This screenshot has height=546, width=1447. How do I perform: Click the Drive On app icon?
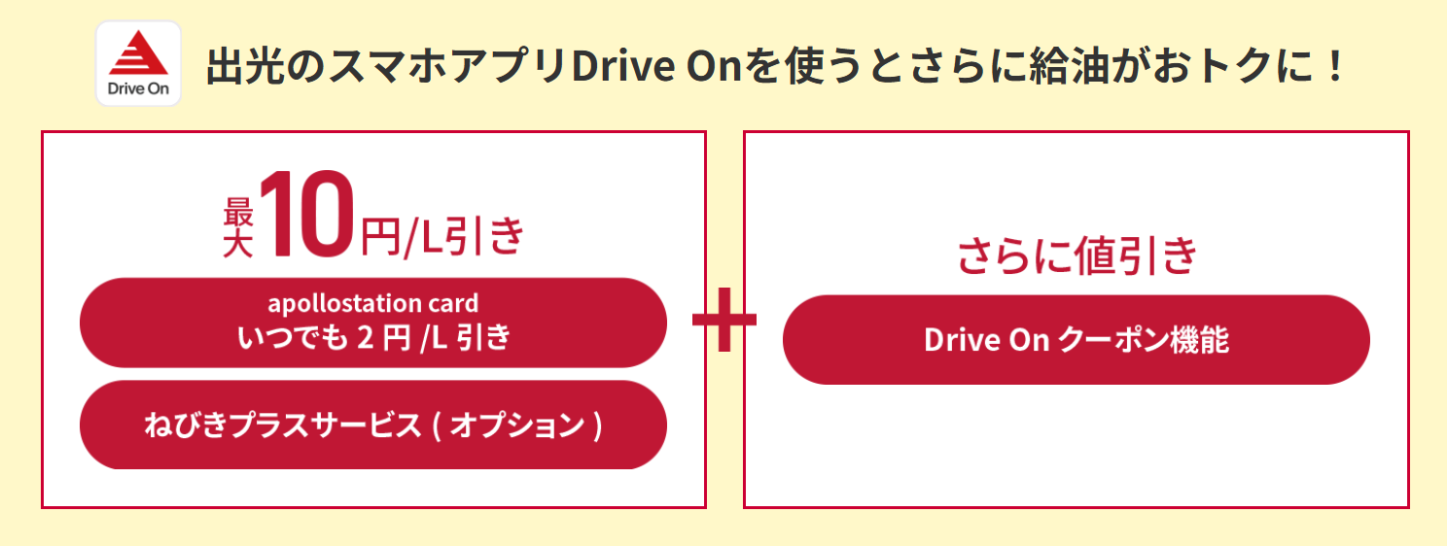(x=138, y=63)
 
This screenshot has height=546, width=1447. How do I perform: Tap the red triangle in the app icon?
(x=138, y=53)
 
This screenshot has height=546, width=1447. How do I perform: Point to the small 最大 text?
(x=238, y=226)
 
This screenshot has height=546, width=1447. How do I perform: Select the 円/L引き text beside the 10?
(x=442, y=235)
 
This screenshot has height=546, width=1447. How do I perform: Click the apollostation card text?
(x=373, y=303)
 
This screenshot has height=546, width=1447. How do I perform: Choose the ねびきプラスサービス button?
(x=373, y=425)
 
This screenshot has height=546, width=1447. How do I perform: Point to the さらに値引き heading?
(x=1076, y=256)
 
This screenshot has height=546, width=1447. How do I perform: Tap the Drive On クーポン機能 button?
(x=1076, y=340)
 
